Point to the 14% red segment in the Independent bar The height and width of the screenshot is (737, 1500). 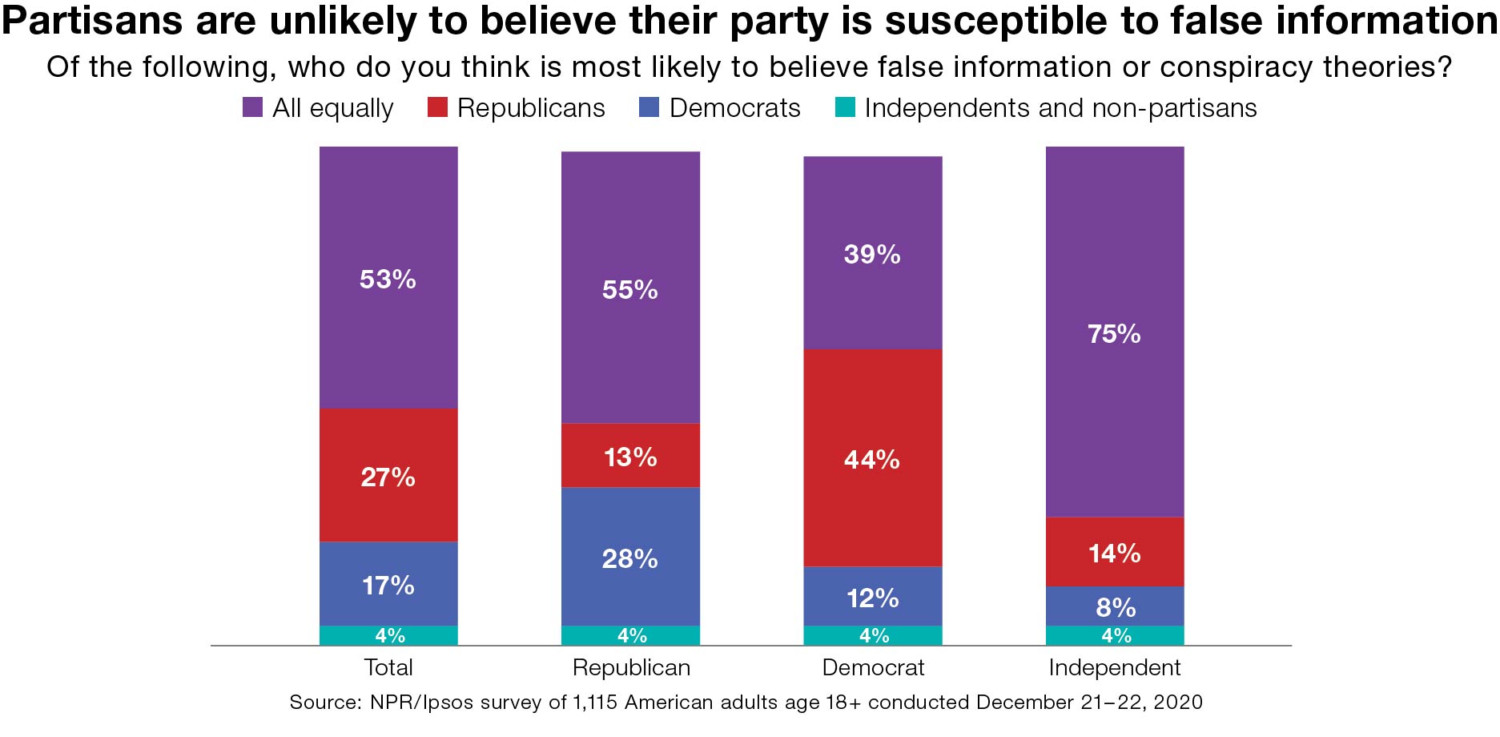1115,552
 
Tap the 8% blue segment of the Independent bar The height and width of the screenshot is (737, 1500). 1115,606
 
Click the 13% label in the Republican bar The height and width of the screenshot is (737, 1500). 630,457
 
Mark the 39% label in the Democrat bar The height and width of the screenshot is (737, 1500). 872,255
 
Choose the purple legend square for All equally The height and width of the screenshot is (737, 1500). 252,108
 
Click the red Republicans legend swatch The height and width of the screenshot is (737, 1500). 437,108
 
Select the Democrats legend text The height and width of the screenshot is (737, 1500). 734,108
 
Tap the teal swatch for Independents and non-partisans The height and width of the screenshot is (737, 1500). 845,108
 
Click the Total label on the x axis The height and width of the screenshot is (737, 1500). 388,667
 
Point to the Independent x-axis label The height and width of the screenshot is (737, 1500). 1115,667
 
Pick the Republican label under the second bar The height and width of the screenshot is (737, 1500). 631,667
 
